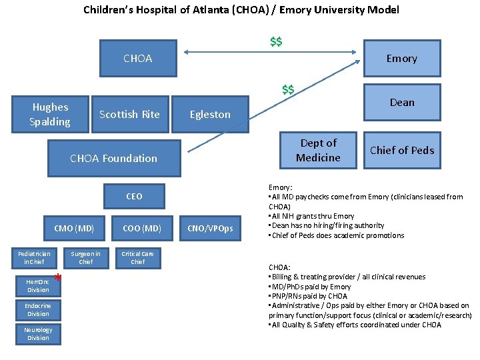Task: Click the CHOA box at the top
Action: (137, 59)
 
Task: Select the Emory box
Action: (401, 59)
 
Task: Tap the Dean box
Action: (401, 103)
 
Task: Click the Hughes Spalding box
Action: (50, 115)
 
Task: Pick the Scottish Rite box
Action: (129, 115)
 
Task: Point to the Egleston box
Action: (210, 115)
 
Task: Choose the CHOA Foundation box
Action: (113, 159)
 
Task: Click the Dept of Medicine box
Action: (319, 151)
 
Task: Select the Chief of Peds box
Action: (401, 151)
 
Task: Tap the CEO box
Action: (134, 196)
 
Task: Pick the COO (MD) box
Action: (142, 229)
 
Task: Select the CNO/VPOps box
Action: (210, 229)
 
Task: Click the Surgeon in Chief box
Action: (86, 258)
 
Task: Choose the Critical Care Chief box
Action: (137, 258)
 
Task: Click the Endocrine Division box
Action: (38, 309)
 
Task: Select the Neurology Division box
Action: (38, 334)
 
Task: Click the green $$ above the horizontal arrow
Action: (275, 42)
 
